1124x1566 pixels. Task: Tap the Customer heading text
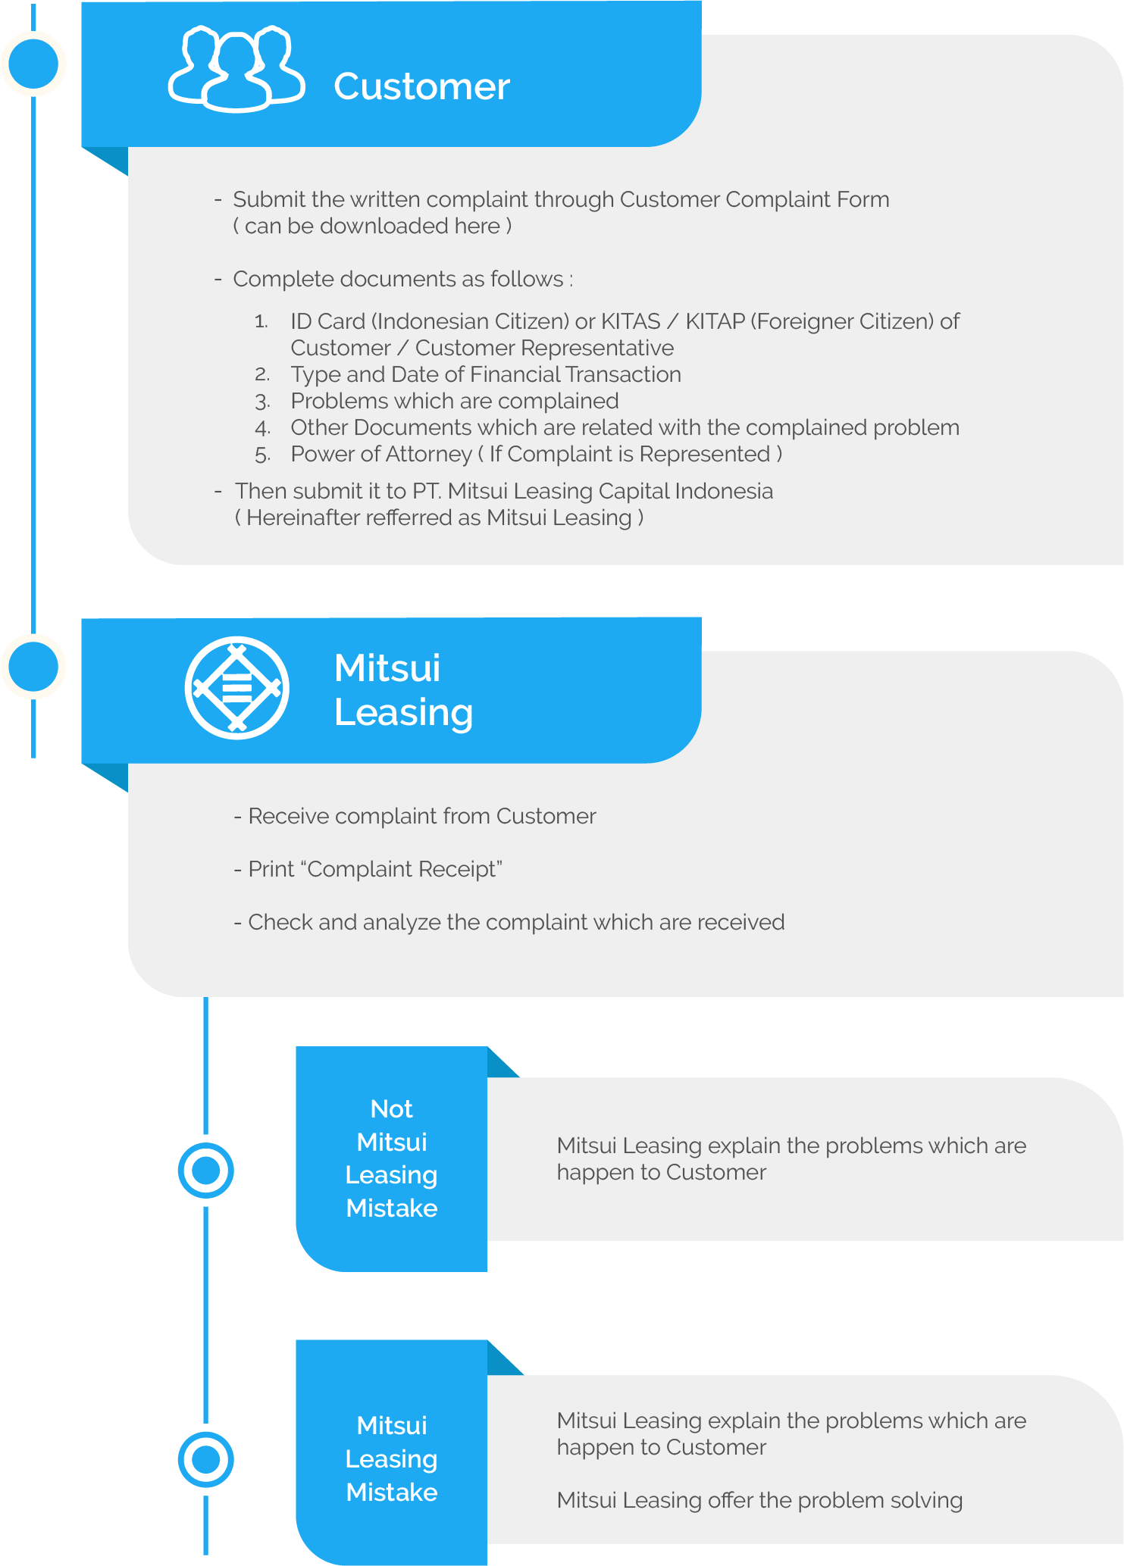[x=421, y=86]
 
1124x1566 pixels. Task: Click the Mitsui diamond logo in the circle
[x=237, y=687]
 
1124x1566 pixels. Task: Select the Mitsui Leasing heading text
[x=403, y=690]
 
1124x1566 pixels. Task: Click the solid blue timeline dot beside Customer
[x=33, y=64]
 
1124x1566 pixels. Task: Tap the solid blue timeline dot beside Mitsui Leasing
[x=33, y=666]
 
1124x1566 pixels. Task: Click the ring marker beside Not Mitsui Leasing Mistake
[x=206, y=1171]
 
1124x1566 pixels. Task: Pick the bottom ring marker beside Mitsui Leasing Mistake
[x=206, y=1459]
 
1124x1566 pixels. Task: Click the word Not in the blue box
[x=391, y=1108]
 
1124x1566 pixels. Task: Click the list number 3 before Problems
[x=262, y=402]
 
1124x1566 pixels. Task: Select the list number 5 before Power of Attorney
[x=262, y=455]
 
